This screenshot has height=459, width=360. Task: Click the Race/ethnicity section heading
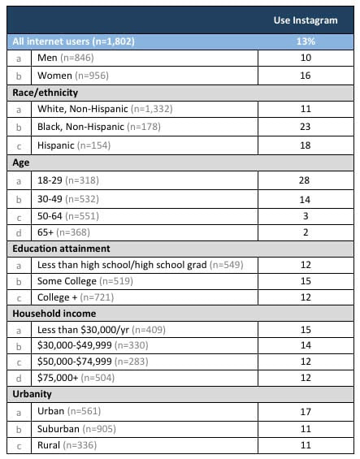point(44,93)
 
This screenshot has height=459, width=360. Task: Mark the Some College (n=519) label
point(84,282)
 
